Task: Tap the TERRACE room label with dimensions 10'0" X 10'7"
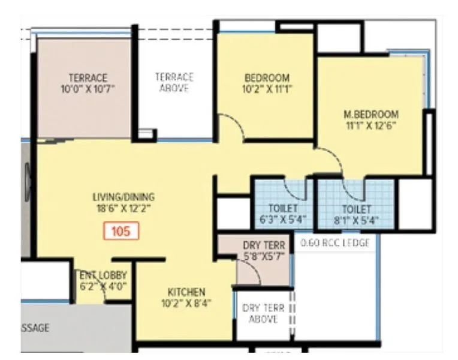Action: [88, 83]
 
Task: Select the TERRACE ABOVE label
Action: [174, 82]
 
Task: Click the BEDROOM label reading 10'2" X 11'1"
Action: [267, 83]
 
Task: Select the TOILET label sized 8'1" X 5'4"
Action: [356, 214]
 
